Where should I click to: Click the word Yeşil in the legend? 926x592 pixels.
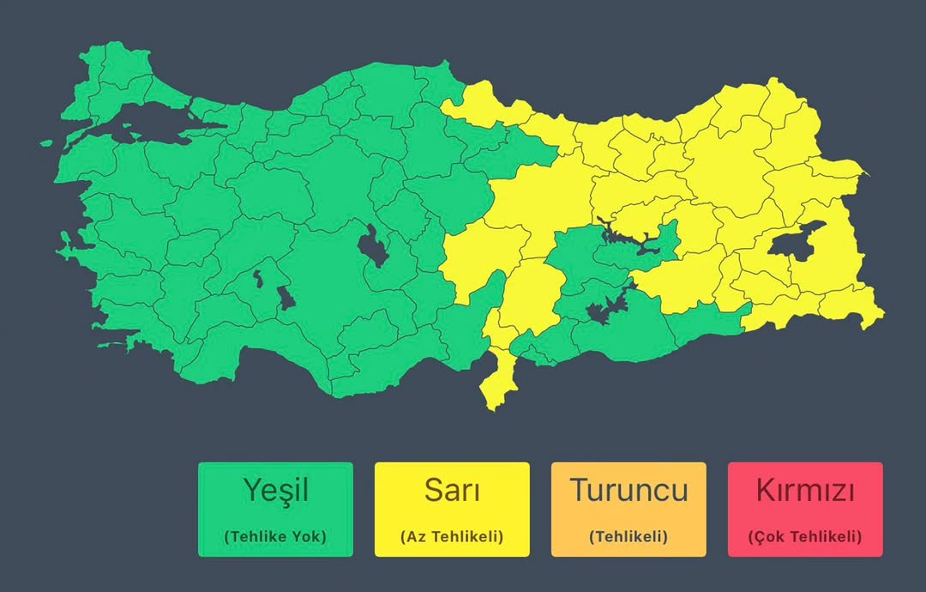tap(275, 491)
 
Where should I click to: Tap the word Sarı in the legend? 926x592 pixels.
tap(452, 491)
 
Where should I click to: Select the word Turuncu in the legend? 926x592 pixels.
tap(628, 491)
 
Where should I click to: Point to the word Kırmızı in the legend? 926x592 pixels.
tap(805, 491)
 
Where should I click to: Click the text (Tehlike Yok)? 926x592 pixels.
tap(275, 537)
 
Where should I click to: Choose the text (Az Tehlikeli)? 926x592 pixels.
tap(452, 537)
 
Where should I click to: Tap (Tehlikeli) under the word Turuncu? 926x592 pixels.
tap(628, 537)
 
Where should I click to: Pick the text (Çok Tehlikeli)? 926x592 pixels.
tap(805, 537)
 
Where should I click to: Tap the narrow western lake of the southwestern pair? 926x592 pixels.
tap(257, 278)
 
